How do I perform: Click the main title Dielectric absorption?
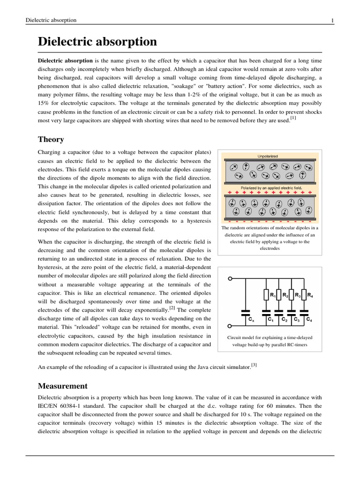97,42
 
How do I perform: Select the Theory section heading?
51,139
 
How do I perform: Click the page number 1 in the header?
332,20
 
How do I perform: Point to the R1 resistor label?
272,295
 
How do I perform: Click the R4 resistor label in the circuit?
310,295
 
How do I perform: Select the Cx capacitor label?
251,320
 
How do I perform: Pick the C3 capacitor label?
297,320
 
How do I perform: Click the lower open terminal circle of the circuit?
230,326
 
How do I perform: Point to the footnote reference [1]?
293,118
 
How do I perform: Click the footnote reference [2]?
172,308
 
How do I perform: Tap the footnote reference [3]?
254,365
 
